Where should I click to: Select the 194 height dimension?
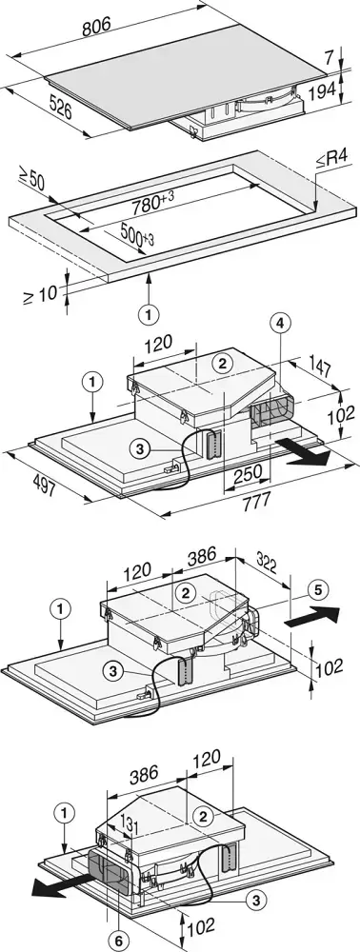point(322,91)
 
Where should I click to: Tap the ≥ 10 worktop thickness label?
point(41,294)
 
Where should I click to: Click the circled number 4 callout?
point(279,325)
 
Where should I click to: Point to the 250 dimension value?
point(249,472)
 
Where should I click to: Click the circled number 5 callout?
point(319,588)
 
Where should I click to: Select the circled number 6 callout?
point(118,941)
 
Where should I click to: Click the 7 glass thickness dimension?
point(329,58)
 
